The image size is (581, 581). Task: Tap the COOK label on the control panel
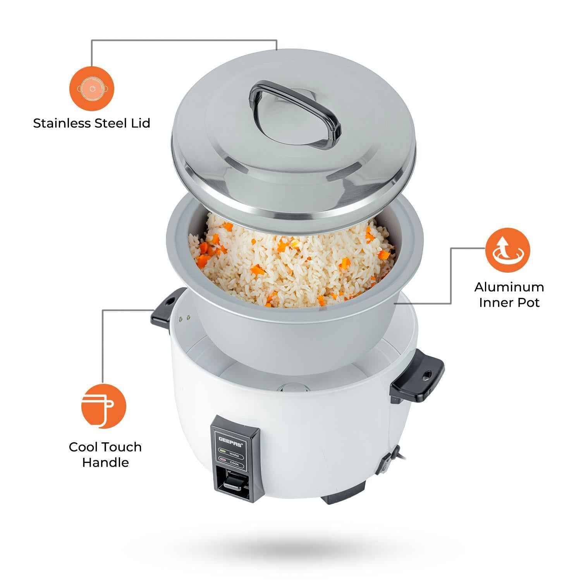(x=234, y=463)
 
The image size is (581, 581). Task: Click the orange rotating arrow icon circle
(x=509, y=251)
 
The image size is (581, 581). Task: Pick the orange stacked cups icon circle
(x=103, y=407)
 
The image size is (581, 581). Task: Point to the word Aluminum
(x=509, y=287)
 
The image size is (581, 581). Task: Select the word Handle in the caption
(x=105, y=462)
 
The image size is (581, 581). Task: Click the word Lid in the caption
(x=139, y=123)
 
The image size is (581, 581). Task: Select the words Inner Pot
(x=509, y=303)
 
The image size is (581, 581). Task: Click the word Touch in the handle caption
(x=120, y=447)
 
